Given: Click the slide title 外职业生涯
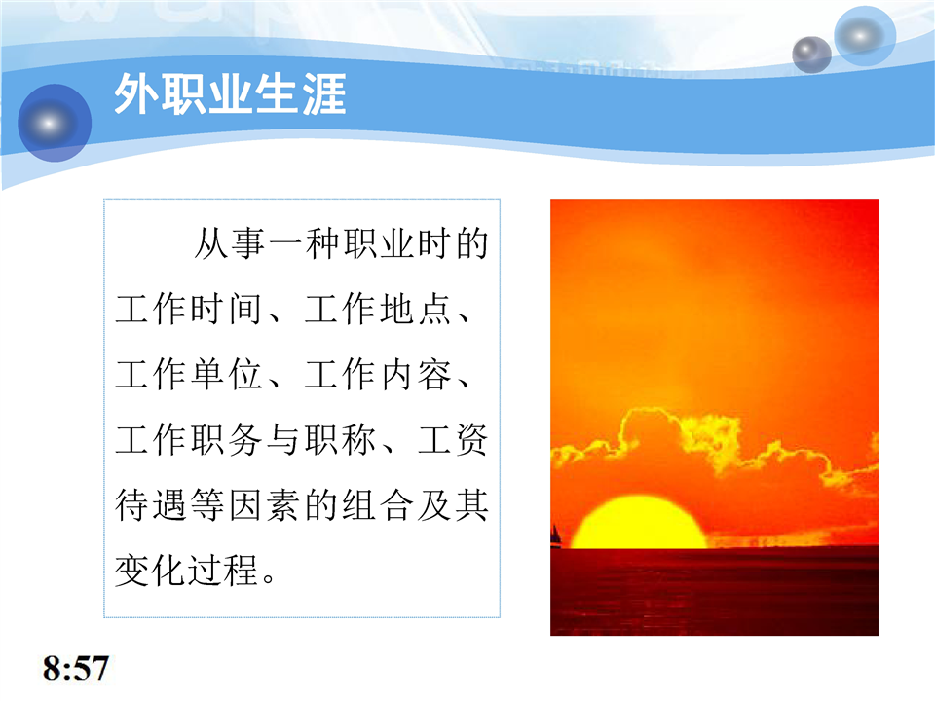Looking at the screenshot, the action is click(230, 94).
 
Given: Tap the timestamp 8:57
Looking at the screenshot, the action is click(76, 668).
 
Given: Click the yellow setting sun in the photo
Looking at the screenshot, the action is click(639, 522).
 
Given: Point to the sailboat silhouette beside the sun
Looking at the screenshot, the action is click(556, 535).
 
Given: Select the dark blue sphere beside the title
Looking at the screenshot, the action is click(55, 123).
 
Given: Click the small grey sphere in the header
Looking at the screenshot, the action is click(811, 55).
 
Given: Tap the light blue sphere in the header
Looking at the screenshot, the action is click(865, 36).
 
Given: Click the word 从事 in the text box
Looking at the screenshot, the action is click(230, 243).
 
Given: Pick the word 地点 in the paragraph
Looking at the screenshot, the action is click(416, 310).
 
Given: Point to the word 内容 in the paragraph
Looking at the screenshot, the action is click(416, 375).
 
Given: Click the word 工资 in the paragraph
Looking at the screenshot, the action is click(453, 440).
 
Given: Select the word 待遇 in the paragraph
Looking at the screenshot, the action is click(151, 505).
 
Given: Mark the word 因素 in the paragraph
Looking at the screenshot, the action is click(264, 505).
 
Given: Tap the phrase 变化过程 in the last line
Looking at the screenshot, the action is click(186, 571).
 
